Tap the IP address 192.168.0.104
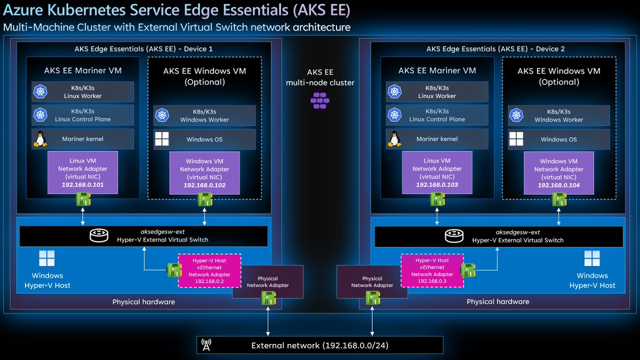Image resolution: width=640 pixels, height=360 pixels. tap(558, 185)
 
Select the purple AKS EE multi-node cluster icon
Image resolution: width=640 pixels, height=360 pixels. tap(319, 100)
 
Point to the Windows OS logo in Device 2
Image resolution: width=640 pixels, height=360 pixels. tap(516, 139)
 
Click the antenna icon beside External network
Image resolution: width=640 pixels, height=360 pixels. tap(206, 345)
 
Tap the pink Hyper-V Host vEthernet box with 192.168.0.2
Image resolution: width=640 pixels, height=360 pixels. tap(210, 270)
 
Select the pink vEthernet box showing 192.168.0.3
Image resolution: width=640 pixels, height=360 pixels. tap(431, 270)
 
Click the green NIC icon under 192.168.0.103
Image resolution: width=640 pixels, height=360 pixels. tap(437, 199)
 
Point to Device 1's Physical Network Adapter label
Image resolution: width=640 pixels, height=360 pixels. tap(268, 282)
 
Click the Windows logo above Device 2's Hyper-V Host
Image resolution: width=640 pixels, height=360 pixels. tap(592, 259)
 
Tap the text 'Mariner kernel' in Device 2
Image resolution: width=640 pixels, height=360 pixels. tap(437, 139)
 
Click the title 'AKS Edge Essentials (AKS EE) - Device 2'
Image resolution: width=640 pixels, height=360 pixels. tap(495, 49)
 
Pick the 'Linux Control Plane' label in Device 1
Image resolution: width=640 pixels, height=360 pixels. tap(83, 119)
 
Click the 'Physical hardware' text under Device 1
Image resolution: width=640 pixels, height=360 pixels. tap(143, 302)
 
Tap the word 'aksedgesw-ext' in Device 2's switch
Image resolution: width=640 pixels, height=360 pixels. tap(517, 232)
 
